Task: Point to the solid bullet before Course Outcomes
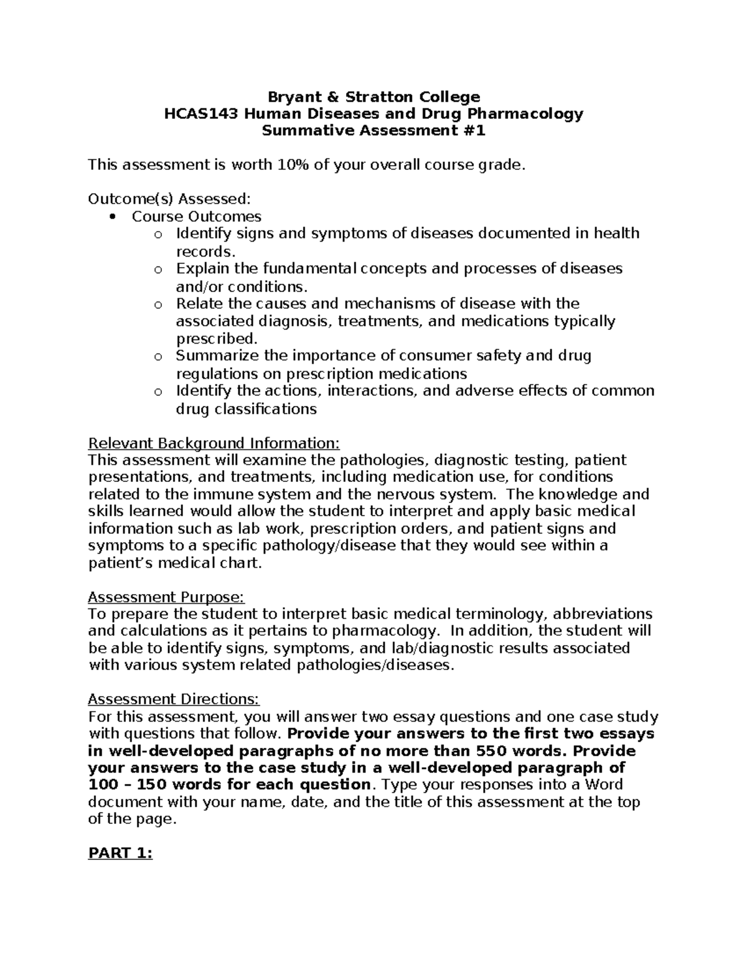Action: tap(113, 217)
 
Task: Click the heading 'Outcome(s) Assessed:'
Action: tap(169, 199)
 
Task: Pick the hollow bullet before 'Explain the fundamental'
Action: tap(157, 270)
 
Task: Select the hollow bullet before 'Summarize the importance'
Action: tap(157, 357)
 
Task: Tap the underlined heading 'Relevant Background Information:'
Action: tap(214, 443)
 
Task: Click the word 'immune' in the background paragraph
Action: tap(216, 494)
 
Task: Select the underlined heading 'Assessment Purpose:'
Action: tap(166, 598)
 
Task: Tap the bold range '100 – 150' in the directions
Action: tap(125, 785)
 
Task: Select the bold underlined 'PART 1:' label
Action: tap(120, 854)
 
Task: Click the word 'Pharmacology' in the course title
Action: tap(533, 114)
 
